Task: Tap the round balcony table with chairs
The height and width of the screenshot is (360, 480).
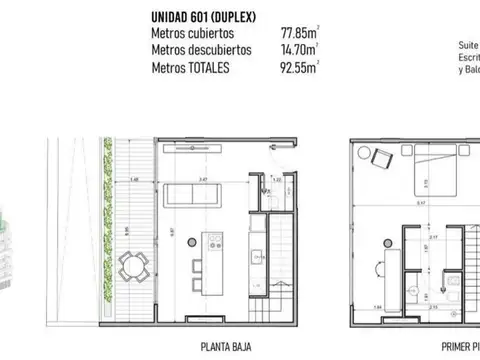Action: pos(130,267)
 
